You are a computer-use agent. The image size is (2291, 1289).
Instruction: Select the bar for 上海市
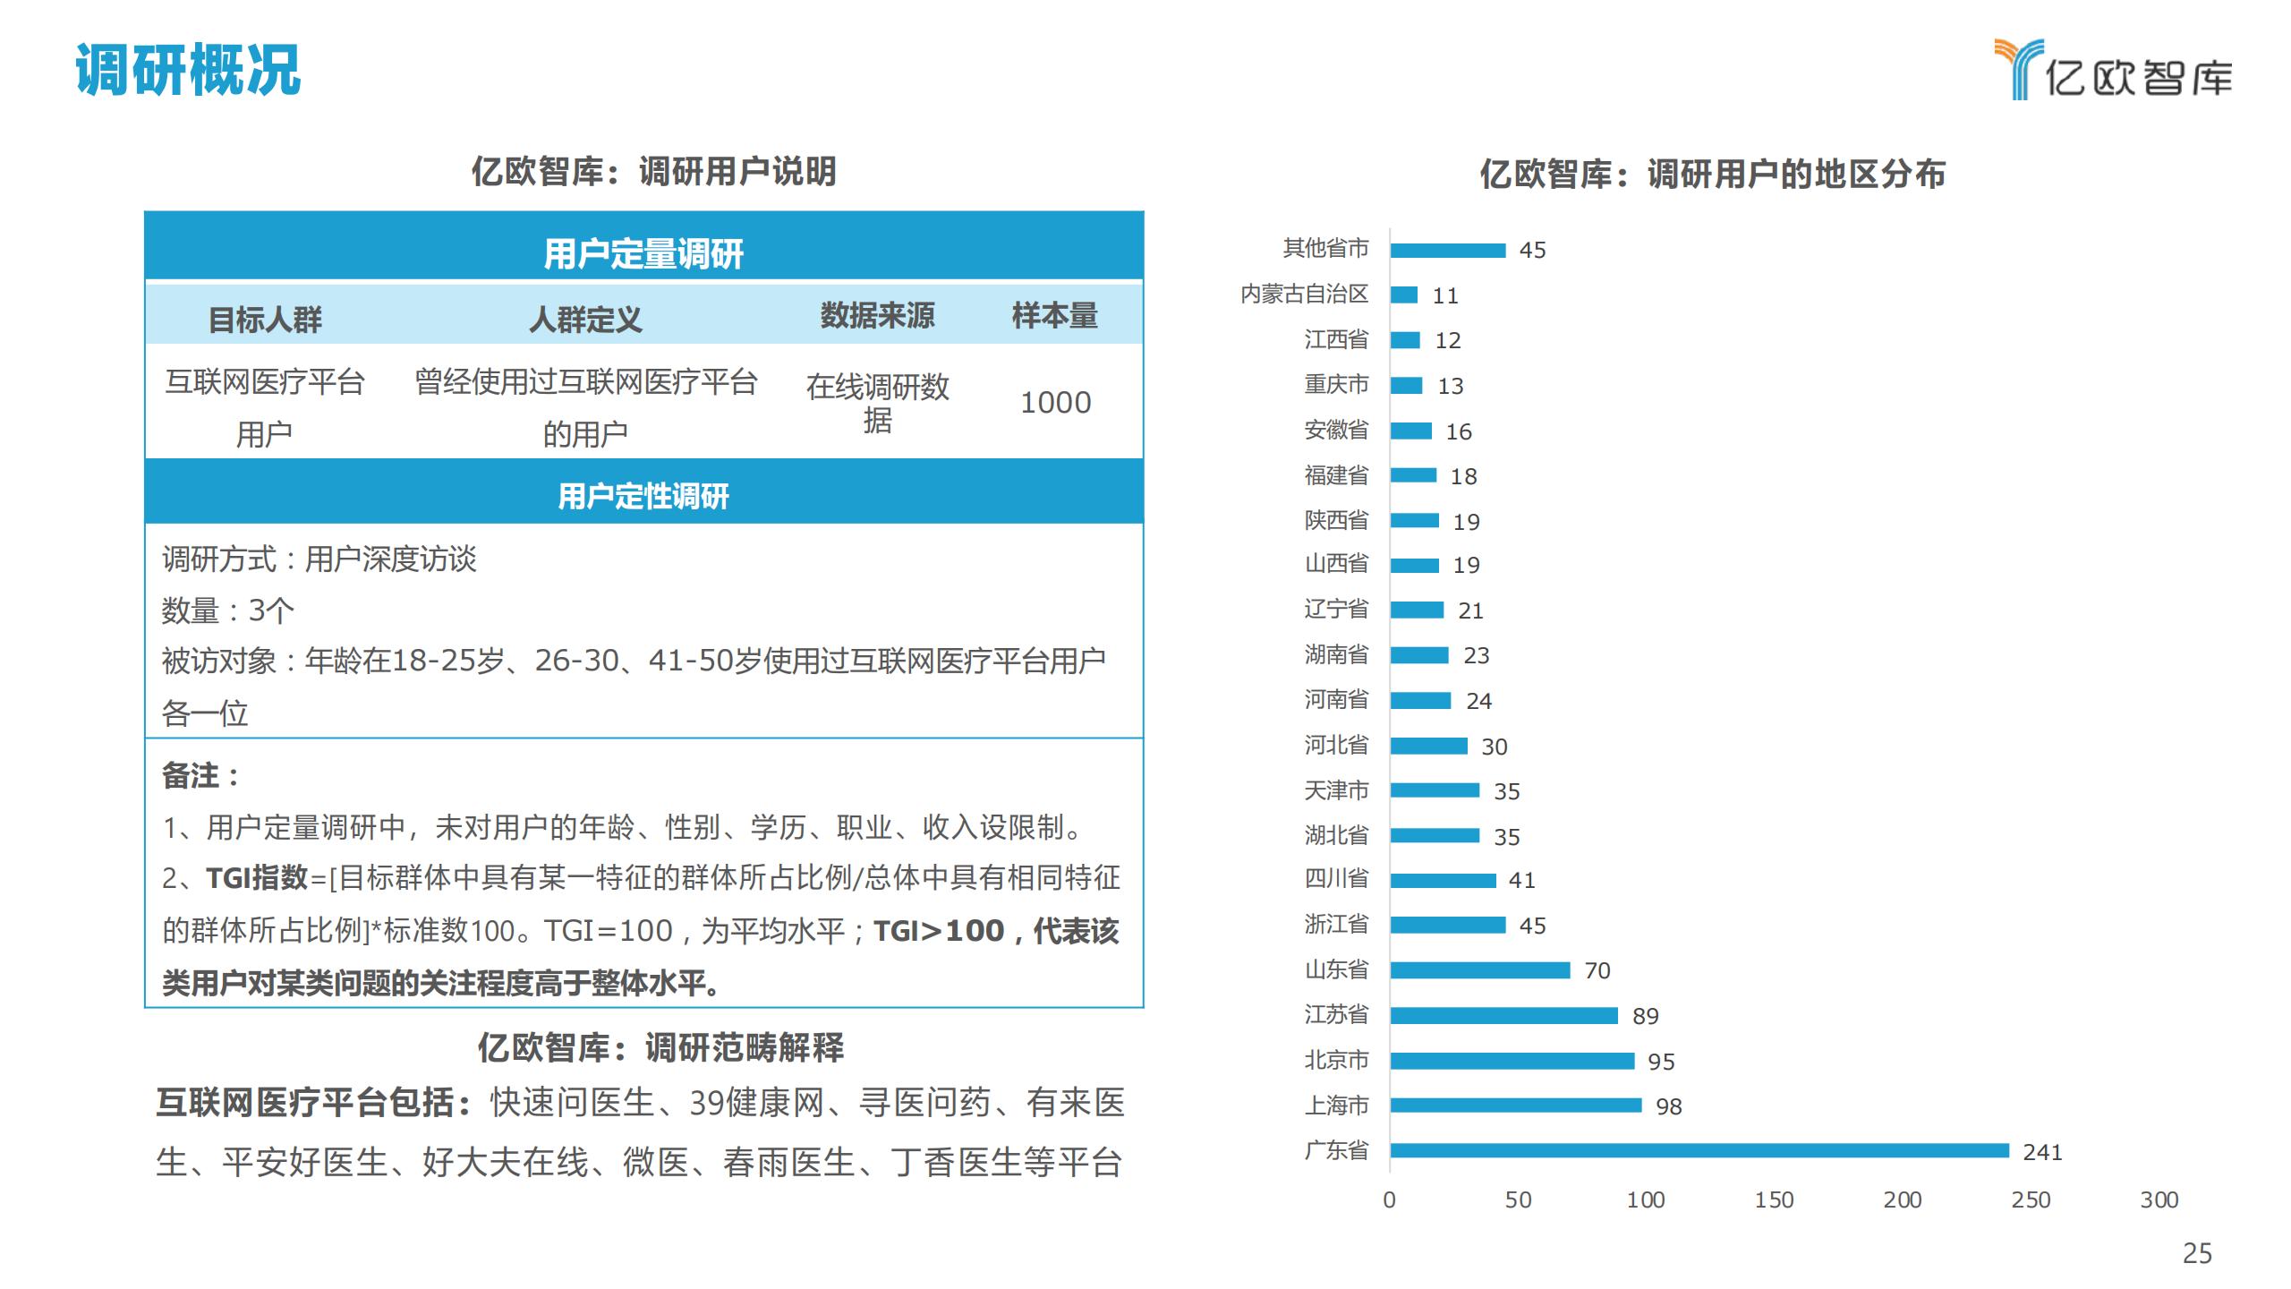[1516, 1105]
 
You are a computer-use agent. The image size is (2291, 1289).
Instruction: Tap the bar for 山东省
[1480, 970]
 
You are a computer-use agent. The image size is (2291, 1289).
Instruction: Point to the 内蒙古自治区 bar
[1404, 295]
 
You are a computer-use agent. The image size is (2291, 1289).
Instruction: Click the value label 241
[2042, 1152]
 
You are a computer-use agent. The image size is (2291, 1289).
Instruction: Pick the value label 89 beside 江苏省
[1645, 1016]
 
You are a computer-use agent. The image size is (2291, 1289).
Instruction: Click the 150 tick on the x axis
[1774, 1199]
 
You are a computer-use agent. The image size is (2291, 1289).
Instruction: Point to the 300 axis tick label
[2159, 1199]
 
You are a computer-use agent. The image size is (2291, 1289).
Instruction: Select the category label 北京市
[1336, 1060]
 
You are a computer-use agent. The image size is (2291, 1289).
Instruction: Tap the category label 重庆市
[1336, 384]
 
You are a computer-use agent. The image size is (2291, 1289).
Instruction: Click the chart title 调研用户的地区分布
[1712, 174]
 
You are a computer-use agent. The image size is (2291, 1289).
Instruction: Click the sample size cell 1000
[1055, 403]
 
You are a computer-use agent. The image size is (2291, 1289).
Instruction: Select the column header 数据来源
[877, 315]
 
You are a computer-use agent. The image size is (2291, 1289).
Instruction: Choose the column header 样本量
[1054, 315]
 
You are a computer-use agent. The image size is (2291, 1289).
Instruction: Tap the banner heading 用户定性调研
[643, 495]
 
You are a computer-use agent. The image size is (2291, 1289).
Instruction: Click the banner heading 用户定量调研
[643, 254]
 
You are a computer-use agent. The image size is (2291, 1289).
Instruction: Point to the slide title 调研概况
[188, 70]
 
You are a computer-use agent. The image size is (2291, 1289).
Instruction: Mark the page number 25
[2197, 1253]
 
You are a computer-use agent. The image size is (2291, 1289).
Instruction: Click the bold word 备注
[191, 775]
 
